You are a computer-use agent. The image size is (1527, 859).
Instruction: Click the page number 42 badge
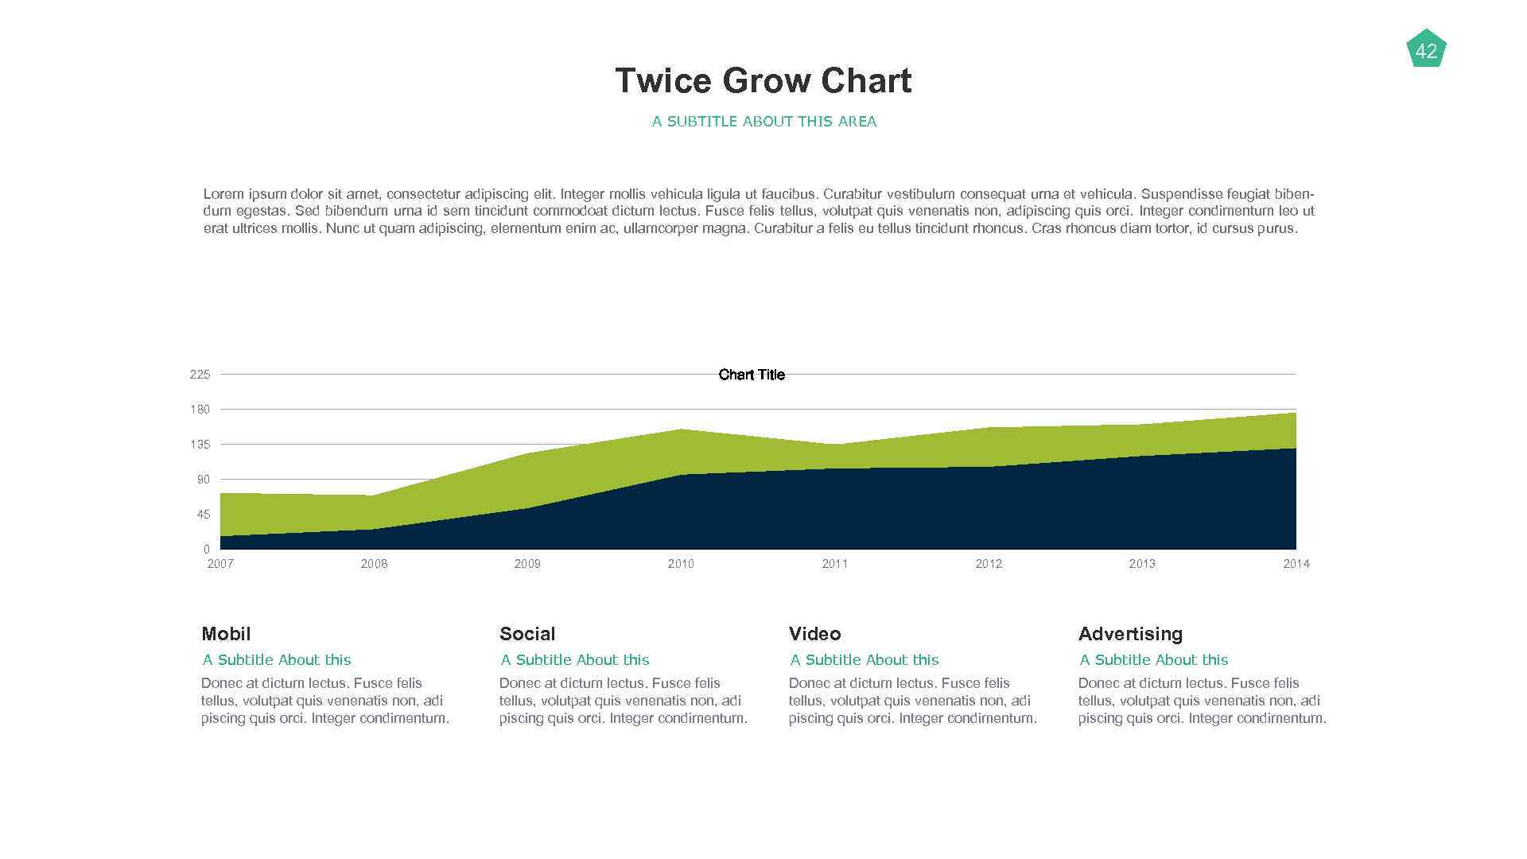[1426, 51]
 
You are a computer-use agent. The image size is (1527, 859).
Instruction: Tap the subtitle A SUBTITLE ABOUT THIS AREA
[763, 122]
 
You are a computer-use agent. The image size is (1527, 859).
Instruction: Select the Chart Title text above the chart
[751, 375]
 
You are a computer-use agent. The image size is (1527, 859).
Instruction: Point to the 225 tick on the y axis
[200, 375]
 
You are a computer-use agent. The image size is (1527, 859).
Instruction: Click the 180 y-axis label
[200, 410]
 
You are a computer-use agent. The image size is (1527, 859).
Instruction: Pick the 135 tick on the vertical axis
[200, 445]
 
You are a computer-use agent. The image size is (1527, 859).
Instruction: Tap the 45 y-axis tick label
[203, 515]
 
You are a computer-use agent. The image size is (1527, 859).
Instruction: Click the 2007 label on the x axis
[220, 564]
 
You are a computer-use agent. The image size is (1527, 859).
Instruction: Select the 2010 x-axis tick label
[681, 564]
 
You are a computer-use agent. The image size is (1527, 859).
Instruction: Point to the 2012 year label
[989, 564]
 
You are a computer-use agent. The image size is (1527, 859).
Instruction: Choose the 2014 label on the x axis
[1296, 564]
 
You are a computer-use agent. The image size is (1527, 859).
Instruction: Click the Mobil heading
[226, 634]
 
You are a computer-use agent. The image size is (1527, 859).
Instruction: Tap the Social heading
[527, 634]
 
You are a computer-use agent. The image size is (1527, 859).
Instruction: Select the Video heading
[814, 634]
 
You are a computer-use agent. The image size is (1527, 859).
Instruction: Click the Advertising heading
[1130, 634]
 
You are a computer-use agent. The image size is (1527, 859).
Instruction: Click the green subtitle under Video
[864, 660]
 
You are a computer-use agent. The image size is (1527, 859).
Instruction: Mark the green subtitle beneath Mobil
[276, 660]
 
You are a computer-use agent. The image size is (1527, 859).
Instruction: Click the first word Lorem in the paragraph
[223, 194]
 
